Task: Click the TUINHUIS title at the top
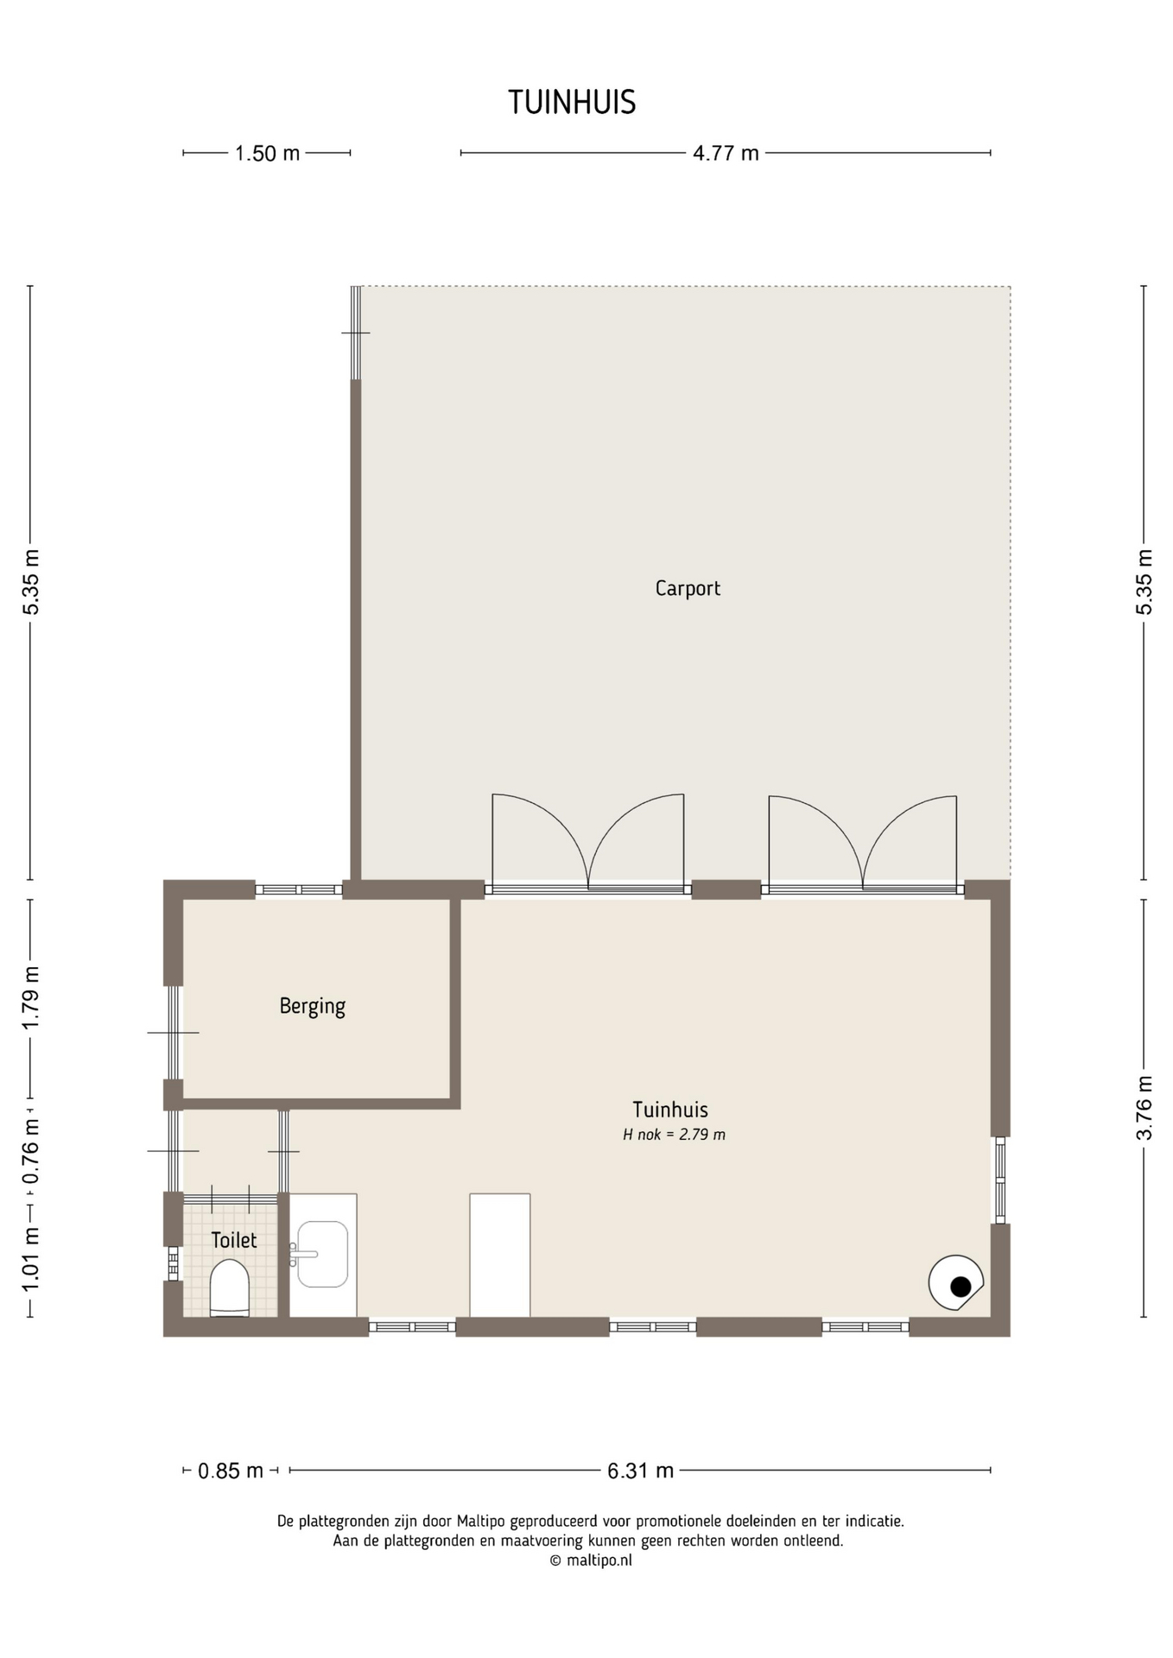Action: [x=572, y=103]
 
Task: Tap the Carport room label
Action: [x=688, y=589]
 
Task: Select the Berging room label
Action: [x=312, y=1007]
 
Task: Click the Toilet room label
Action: [x=234, y=1240]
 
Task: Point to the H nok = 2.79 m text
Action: [x=675, y=1135]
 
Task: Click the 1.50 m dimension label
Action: [x=268, y=154]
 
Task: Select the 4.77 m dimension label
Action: [x=726, y=154]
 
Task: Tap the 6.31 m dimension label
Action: [x=640, y=1471]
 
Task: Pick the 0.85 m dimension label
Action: [x=231, y=1471]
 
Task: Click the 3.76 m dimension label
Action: [x=1144, y=1108]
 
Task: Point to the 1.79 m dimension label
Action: [x=31, y=997]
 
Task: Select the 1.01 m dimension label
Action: [x=31, y=1261]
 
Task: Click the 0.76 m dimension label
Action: [x=31, y=1152]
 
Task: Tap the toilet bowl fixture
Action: [x=230, y=1288]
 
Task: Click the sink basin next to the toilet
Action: [x=322, y=1254]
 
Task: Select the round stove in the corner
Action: [x=955, y=1283]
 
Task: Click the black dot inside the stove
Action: [x=961, y=1287]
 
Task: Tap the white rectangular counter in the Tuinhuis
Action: [x=500, y=1256]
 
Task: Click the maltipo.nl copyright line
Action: [x=591, y=1560]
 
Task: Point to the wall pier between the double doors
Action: [x=726, y=889]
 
